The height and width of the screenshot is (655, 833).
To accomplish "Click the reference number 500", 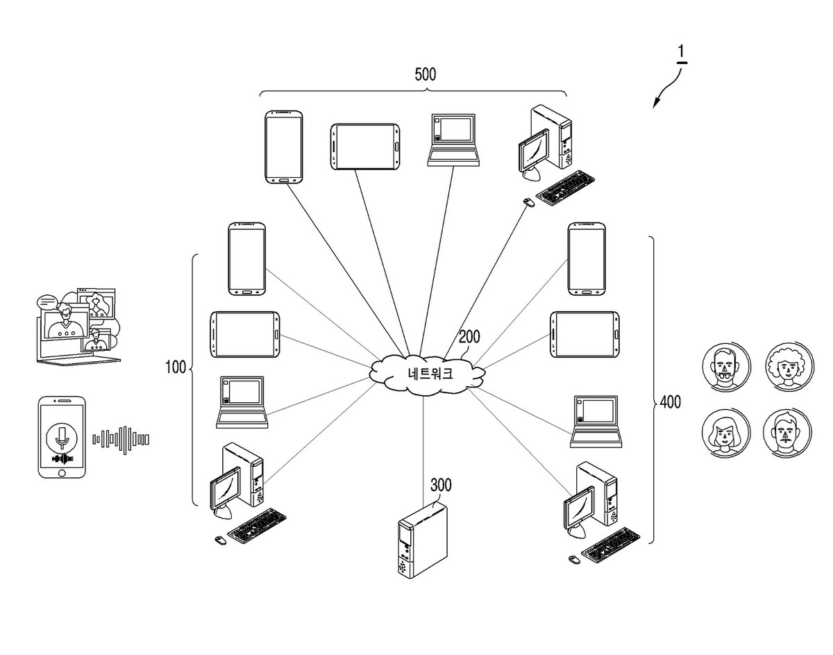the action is coord(425,74).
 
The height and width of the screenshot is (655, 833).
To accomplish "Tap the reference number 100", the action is coord(175,367).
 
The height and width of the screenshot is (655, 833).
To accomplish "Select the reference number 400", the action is coord(670,402).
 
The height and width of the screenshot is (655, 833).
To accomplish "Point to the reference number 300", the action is coord(441,485).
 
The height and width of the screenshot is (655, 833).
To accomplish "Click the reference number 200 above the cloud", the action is coord(469,337).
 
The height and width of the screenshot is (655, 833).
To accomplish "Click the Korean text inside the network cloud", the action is coord(430,373).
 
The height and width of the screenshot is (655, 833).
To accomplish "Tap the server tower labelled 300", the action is coord(423,540).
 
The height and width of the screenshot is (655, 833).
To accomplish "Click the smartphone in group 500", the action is coord(284,147).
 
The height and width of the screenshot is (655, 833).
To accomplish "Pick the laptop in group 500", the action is coord(453,140).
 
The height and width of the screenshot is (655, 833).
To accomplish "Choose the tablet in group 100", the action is coord(244,334).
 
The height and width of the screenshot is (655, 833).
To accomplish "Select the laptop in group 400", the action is coord(596,422).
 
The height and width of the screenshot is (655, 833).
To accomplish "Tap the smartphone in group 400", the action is coord(587,259).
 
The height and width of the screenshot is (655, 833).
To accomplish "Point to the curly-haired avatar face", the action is coord(789,367).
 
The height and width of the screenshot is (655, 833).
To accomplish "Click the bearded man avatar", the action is coord(726,367).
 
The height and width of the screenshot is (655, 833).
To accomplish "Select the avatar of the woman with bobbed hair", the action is coord(726,433).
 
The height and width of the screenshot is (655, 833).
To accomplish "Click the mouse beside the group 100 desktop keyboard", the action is coord(220,540).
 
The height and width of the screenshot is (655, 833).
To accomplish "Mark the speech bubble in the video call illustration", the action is coord(47,302).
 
